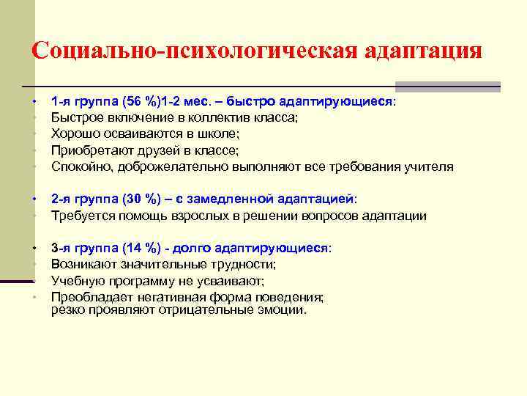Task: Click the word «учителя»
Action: coord(430,166)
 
